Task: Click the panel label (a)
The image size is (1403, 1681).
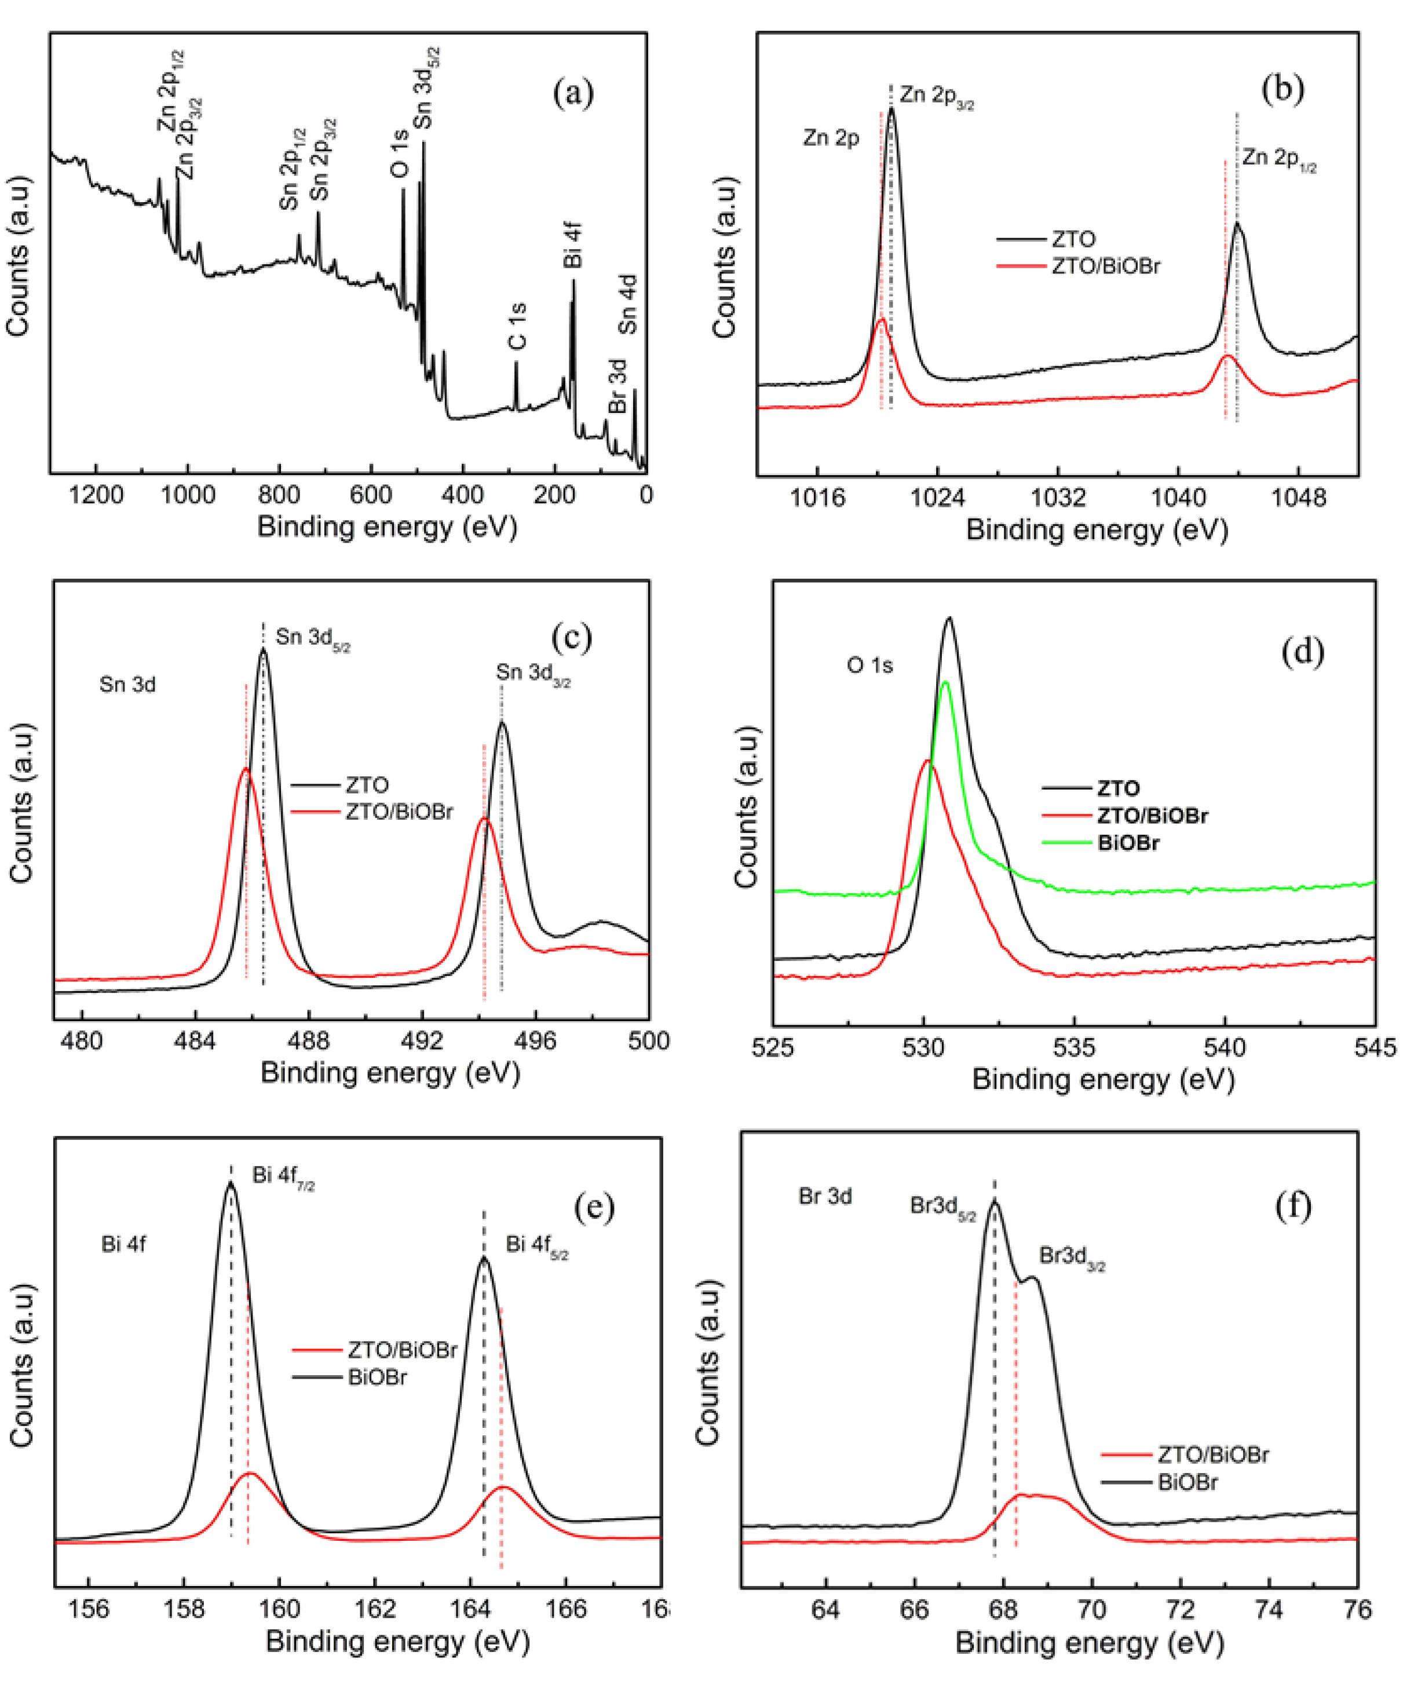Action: pos(573,94)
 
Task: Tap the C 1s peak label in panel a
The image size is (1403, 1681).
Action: pos(518,326)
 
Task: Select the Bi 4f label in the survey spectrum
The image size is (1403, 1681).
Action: pos(572,245)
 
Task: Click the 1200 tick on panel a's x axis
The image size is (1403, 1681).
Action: pos(97,495)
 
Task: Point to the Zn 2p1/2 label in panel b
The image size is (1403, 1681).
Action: pos(1278,160)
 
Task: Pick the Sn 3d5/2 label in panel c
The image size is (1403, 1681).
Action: pos(312,638)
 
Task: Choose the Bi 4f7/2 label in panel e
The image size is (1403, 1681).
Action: pos(283,1176)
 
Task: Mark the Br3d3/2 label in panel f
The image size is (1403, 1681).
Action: pos(1072,1256)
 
